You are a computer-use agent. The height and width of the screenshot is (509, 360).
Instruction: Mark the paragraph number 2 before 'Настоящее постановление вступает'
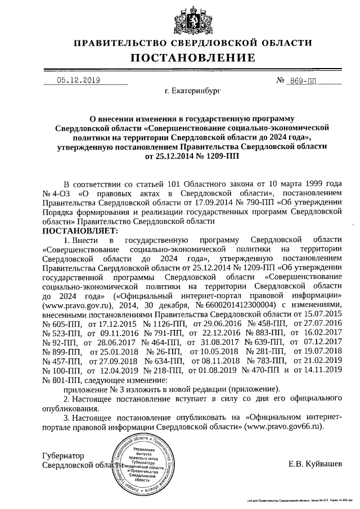[x=67, y=399]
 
